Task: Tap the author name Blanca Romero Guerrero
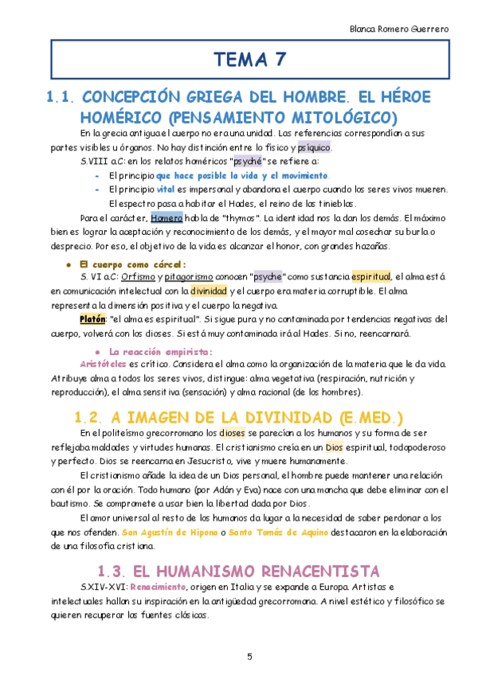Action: click(x=400, y=28)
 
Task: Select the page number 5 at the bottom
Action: click(x=249, y=656)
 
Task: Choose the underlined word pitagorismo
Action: click(x=190, y=276)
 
